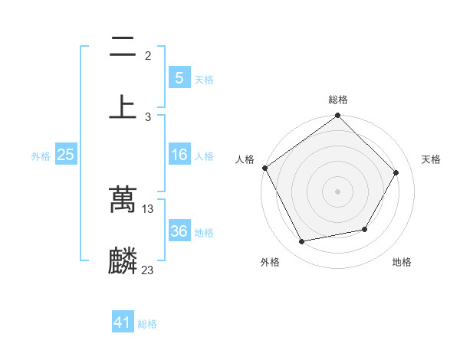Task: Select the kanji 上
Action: click(x=123, y=106)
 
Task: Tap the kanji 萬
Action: click(x=123, y=200)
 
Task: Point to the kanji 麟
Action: click(x=123, y=260)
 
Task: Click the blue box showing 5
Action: click(x=179, y=78)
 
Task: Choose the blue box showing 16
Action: click(x=179, y=155)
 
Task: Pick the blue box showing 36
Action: click(x=179, y=231)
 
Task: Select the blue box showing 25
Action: click(x=65, y=155)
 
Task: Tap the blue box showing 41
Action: click(x=123, y=323)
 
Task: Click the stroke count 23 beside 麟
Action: click(x=148, y=270)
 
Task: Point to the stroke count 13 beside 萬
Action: click(x=148, y=208)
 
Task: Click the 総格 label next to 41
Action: click(x=147, y=324)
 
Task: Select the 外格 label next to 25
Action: click(x=41, y=155)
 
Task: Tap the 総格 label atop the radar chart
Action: click(x=338, y=100)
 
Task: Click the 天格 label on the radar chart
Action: click(x=431, y=159)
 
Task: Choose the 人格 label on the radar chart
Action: click(x=245, y=159)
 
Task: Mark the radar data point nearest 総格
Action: click(x=338, y=116)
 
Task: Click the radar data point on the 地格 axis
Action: click(x=365, y=229)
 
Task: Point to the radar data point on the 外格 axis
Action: click(x=302, y=242)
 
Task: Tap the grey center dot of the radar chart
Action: click(x=338, y=191)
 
